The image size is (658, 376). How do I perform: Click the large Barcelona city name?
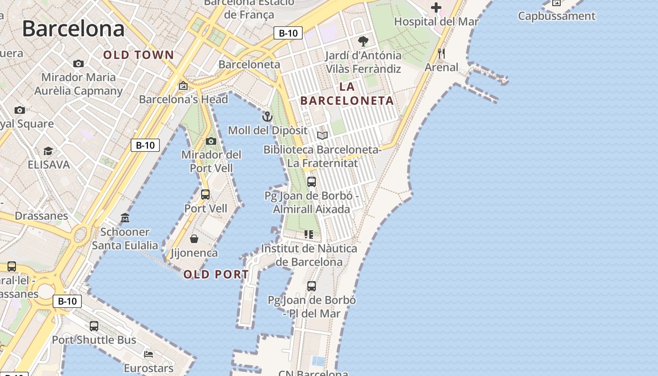tap(73, 29)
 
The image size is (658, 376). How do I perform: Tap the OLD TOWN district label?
tap(139, 55)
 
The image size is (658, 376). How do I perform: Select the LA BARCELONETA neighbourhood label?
tap(347, 94)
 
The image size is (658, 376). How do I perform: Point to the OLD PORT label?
tap(216, 274)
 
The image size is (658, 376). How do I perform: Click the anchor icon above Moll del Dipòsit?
tap(267, 117)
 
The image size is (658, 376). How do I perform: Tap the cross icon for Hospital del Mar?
tap(436, 8)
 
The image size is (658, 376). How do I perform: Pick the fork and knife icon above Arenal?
tap(441, 54)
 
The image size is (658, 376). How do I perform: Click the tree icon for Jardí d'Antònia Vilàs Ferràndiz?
tap(363, 41)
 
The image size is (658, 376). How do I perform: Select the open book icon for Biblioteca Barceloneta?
tap(322, 136)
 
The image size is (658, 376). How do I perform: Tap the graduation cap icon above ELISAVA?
tap(48, 151)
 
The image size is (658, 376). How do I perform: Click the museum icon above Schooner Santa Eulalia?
tap(125, 218)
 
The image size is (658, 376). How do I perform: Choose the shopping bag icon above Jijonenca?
tap(194, 239)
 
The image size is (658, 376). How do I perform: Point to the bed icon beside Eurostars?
tap(149, 354)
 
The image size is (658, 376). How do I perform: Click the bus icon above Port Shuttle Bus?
tap(94, 326)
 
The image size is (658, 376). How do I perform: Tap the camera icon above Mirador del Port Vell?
tap(211, 141)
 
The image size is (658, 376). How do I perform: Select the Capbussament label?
tap(556, 16)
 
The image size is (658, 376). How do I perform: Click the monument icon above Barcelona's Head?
tap(183, 86)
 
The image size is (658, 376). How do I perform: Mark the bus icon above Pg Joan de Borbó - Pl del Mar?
tap(311, 286)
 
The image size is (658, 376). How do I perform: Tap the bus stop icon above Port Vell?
tap(205, 194)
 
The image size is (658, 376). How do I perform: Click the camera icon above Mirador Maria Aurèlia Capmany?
tap(78, 63)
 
